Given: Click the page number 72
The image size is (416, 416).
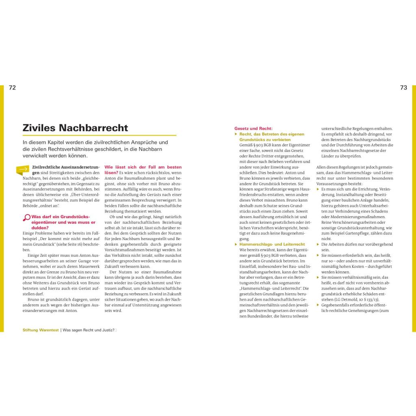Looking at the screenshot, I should coord(12,88).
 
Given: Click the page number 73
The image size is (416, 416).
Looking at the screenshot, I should coord(403,88).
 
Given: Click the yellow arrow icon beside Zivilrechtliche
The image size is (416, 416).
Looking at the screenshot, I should coord(23,169).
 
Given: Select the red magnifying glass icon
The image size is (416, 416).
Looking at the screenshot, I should coord(27,218).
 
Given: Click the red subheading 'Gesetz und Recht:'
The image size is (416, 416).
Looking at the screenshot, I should coord(253,128).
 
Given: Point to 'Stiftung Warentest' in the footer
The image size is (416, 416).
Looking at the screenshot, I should coord(41,330).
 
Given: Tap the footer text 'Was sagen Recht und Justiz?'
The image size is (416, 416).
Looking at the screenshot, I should coord(88,330).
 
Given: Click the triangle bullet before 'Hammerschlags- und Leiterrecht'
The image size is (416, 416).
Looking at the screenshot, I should coord(236,244).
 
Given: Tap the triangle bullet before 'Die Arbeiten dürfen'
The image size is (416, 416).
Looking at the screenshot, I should coord(318,244).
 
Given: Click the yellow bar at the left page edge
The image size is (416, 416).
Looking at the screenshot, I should coord(2,207).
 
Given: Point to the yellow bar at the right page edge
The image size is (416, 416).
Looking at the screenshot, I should coord(414,207).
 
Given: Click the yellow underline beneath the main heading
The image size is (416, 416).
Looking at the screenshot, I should coord(100,135).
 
